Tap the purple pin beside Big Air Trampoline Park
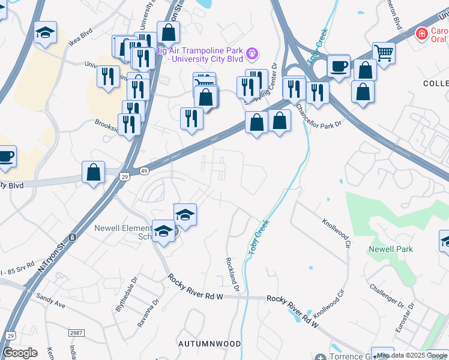(x=253, y=53)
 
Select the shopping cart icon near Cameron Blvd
(x=383, y=53)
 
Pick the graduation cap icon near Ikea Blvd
(x=45, y=32)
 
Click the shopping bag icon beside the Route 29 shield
(x=94, y=173)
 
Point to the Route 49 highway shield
(x=144, y=171)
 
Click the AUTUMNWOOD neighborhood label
(x=209, y=344)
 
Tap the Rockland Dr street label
(x=232, y=275)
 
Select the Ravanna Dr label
(x=148, y=313)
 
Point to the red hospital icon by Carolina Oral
(x=422, y=34)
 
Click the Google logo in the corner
(x=20, y=353)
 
